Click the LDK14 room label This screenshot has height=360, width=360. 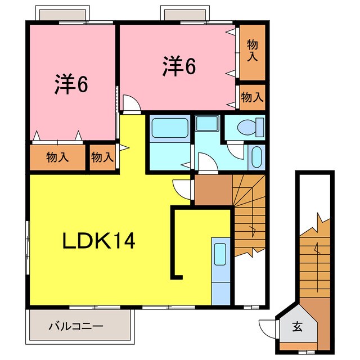98,241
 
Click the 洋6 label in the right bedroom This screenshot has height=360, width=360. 179,66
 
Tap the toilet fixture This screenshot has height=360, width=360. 250,127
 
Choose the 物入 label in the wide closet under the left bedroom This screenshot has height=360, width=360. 57,157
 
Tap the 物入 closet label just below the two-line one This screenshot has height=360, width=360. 252,97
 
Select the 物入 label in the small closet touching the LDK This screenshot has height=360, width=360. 102,157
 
